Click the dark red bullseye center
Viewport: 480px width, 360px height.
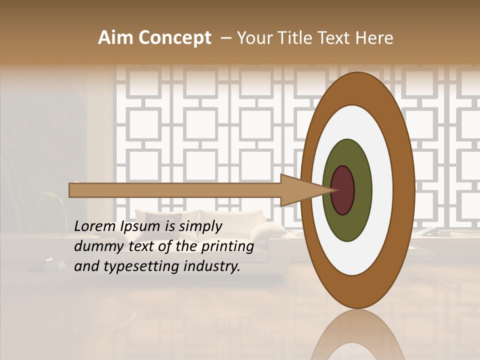pos(343,190)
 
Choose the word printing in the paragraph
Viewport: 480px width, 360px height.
pos(227,247)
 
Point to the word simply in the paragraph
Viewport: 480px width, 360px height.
pos(200,227)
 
